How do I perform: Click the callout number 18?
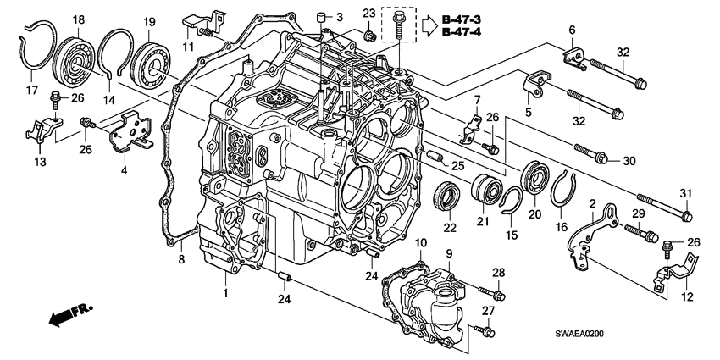(78, 20)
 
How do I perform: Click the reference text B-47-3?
(462, 19)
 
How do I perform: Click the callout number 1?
(225, 292)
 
